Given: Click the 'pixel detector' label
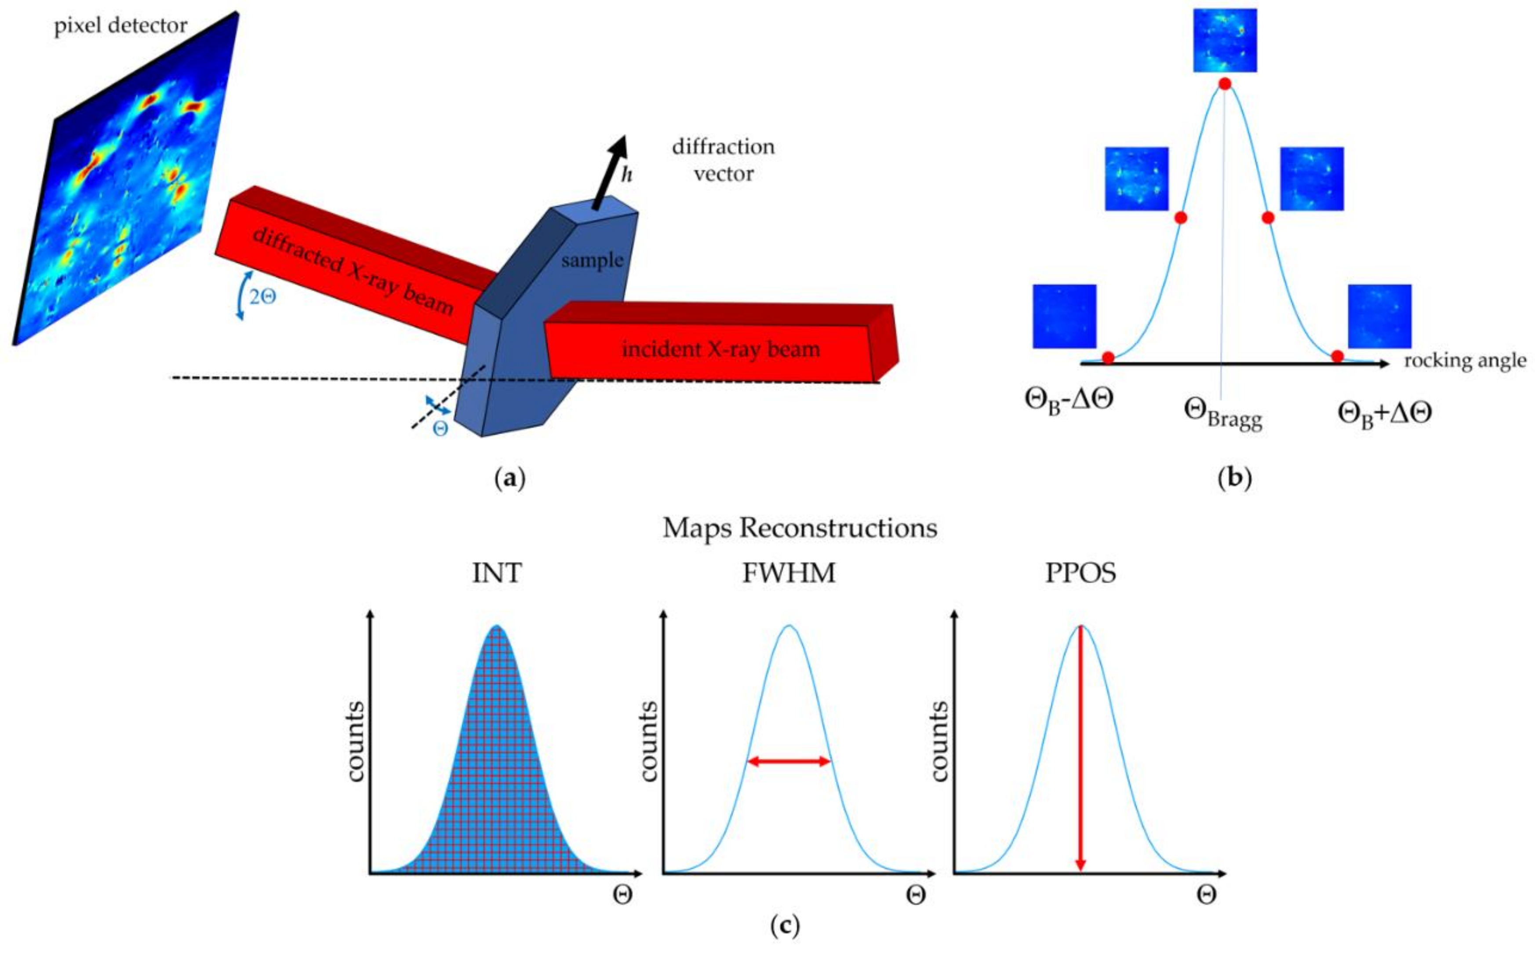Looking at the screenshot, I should click(120, 26).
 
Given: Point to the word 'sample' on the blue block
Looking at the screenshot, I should click(592, 259).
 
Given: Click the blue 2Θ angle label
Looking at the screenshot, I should click(262, 297).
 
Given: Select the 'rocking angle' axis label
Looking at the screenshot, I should click(1465, 361).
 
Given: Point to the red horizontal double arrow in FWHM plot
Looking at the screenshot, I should click(789, 761).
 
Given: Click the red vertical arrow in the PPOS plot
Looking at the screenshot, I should click(1080, 756).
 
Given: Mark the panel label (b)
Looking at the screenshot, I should click(1235, 479).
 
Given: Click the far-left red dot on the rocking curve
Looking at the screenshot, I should click(1108, 358).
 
